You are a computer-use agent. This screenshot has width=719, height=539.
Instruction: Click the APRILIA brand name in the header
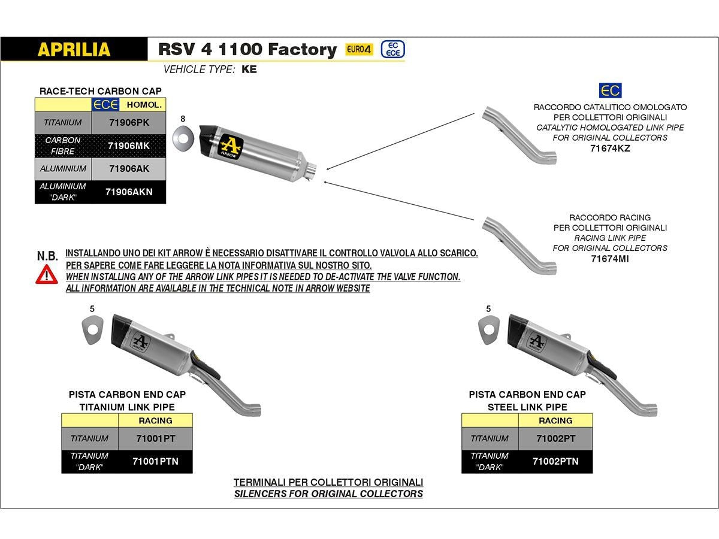click(74, 49)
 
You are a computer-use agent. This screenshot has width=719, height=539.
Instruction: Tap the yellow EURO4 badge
click(359, 50)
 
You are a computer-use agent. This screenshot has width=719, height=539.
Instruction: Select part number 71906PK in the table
click(128, 123)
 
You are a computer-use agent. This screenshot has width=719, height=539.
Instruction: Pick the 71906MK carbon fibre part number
click(128, 146)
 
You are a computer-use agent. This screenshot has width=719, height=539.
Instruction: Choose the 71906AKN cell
click(128, 192)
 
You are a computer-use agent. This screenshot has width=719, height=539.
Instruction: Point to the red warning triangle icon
click(46, 274)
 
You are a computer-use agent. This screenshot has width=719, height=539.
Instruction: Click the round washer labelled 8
click(183, 138)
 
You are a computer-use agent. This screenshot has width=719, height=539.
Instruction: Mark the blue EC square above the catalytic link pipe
click(610, 90)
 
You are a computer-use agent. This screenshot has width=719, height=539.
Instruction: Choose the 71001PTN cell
click(155, 461)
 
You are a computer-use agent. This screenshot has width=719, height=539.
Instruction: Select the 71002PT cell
click(555, 438)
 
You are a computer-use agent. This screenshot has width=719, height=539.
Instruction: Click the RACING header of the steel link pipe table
click(555, 420)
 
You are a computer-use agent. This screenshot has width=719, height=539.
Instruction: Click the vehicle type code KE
click(249, 69)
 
